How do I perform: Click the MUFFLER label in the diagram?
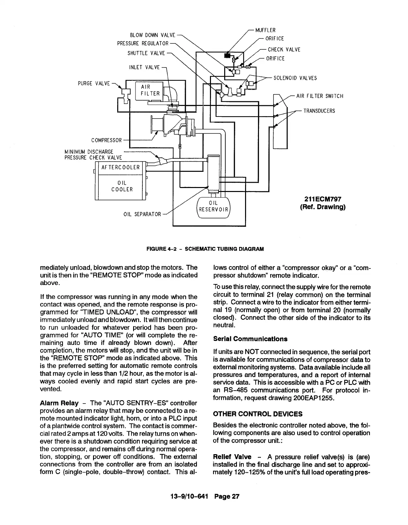click(x=266, y=30)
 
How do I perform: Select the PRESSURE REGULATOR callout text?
click(x=143, y=44)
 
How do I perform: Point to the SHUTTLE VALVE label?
click(x=146, y=53)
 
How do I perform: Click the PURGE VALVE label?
click(x=94, y=83)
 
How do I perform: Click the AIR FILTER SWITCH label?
click(x=320, y=96)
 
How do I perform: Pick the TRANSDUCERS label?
click(x=319, y=111)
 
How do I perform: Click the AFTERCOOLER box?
click(x=121, y=167)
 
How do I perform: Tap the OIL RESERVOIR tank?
click(x=213, y=207)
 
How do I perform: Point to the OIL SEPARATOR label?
click(x=142, y=215)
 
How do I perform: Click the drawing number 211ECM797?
click(x=323, y=199)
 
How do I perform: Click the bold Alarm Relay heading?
click(x=59, y=403)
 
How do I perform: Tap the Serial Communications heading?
click(x=250, y=339)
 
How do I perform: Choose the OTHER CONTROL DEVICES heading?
click(x=258, y=414)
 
